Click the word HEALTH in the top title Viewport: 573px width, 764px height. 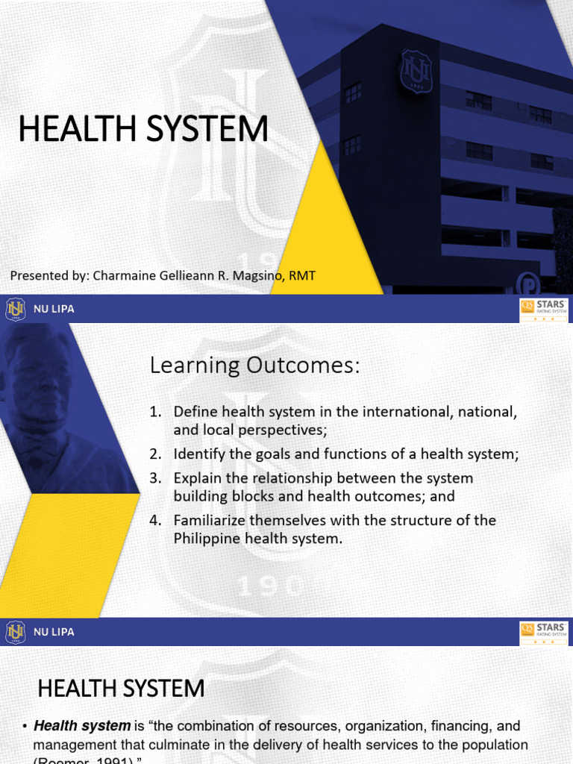point(67,129)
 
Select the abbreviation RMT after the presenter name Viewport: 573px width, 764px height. point(302,276)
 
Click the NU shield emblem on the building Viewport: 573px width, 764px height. point(416,72)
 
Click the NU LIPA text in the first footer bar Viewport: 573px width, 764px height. point(54,309)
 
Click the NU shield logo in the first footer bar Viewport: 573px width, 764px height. point(15,309)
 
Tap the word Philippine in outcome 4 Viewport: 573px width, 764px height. point(206,539)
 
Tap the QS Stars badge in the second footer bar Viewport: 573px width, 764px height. point(543,633)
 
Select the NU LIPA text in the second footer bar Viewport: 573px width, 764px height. point(54,632)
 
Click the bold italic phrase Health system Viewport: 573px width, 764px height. point(82,725)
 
